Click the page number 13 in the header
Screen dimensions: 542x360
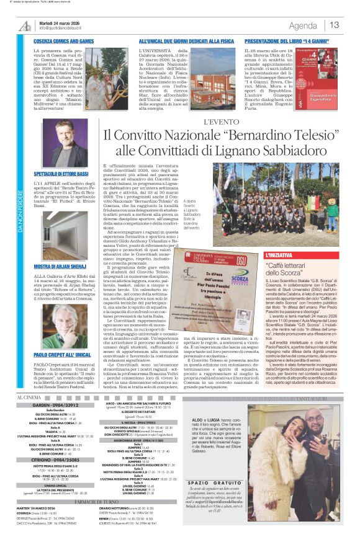(x=335, y=25)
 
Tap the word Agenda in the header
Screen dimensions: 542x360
(x=303, y=25)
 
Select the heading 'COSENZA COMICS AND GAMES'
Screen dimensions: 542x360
(x=64, y=41)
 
